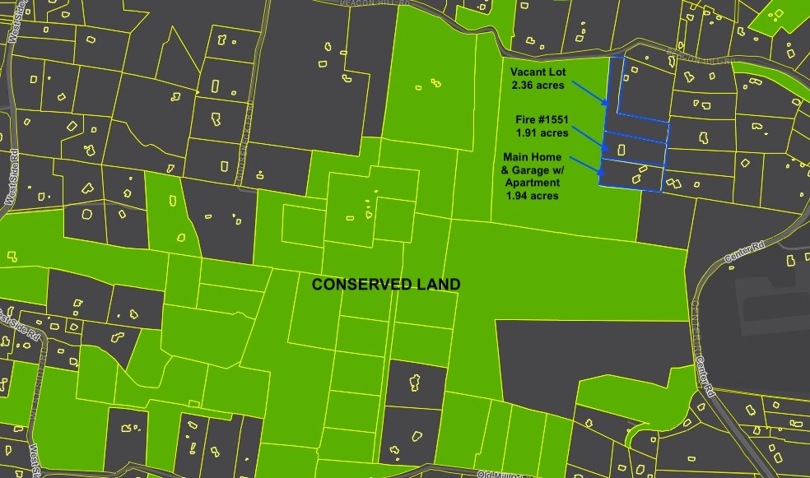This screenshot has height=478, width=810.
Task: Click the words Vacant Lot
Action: (538, 72)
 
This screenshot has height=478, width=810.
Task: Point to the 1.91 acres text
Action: (542, 132)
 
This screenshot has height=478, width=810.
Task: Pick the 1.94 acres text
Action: (532, 196)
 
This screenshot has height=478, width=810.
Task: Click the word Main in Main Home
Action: (517, 156)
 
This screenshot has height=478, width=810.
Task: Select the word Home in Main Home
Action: (547, 156)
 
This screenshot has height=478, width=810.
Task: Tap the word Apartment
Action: (532, 183)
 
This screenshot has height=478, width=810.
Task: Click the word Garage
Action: (533, 169)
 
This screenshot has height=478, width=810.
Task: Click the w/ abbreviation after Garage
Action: (561, 169)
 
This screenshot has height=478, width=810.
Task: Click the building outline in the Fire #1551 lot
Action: (622, 150)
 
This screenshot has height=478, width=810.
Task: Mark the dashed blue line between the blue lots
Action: (635, 137)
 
